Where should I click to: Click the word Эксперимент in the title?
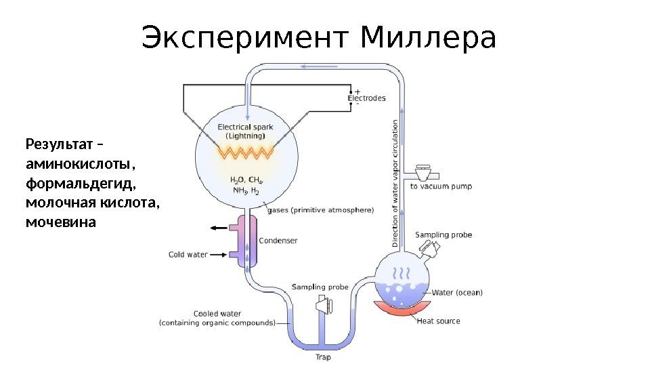(x=247, y=39)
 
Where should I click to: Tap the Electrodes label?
(x=366, y=98)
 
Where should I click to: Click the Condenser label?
(x=278, y=241)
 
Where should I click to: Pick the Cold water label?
(x=188, y=255)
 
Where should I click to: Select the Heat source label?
(x=438, y=321)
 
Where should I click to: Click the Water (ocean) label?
(x=457, y=293)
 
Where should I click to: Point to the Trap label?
(x=323, y=356)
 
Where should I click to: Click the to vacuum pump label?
(x=441, y=186)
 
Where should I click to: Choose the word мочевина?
(x=61, y=222)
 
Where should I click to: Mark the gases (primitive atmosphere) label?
(x=320, y=210)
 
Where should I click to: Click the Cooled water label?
(x=217, y=314)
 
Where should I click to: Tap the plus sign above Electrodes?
(x=357, y=91)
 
